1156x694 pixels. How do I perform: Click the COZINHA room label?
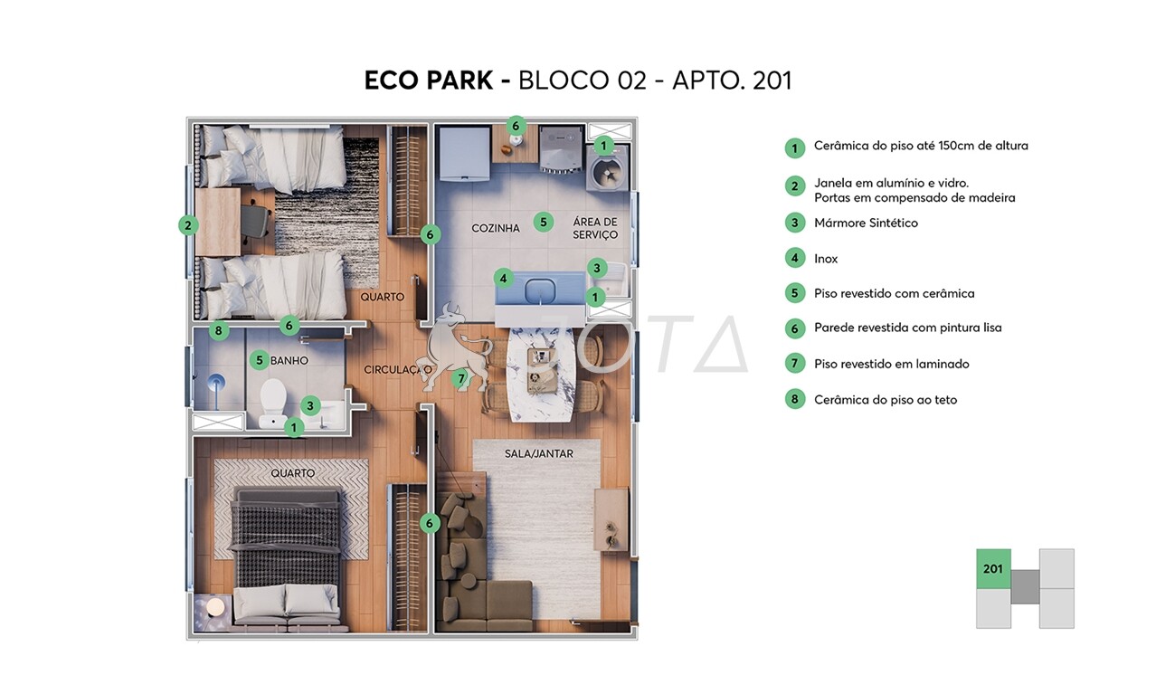pos(496,229)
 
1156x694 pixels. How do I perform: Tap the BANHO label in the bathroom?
pos(289,361)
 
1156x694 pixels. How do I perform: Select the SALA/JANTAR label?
pos(539,454)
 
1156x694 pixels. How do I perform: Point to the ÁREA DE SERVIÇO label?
pos(594,229)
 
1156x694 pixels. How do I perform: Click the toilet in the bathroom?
pos(272,397)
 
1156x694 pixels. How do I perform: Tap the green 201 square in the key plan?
pos(993,569)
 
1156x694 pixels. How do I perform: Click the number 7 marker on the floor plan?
pos(461,378)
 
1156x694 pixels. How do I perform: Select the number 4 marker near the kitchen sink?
pos(504,279)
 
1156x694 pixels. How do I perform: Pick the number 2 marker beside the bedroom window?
pos(188,225)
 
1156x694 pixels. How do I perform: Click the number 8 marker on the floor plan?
pos(218,331)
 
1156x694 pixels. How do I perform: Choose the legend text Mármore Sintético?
pos(866,223)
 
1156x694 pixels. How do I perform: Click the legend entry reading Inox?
pos(826,259)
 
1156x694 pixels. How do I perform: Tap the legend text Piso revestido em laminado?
pos(891,364)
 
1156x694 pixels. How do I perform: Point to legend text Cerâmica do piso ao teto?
pos(885,400)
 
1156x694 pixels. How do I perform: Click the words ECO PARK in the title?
pos(429,81)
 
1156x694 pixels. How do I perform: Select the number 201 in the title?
pos(772,81)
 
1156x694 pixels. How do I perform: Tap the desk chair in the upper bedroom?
pos(259,220)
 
